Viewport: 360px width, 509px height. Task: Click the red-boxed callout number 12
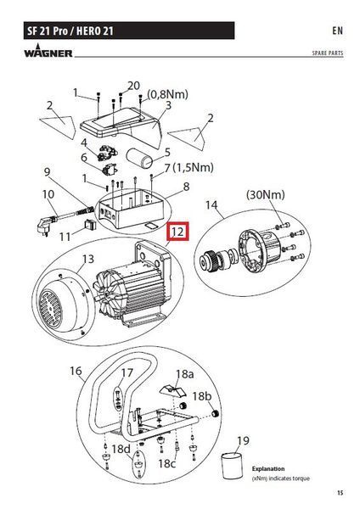tap(177, 232)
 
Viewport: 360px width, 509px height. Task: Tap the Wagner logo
tap(48, 51)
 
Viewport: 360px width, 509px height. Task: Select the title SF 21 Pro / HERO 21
tap(70, 31)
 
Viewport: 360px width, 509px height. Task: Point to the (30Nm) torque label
tap(266, 194)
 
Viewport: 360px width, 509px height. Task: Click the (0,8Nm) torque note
tap(167, 94)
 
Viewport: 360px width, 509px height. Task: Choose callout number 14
tap(211, 204)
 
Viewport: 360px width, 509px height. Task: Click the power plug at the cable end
tap(43, 226)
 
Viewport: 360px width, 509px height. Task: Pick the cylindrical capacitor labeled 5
tap(139, 158)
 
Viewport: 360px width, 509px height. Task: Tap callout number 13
tap(88, 259)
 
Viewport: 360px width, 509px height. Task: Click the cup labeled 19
tap(232, 465)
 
